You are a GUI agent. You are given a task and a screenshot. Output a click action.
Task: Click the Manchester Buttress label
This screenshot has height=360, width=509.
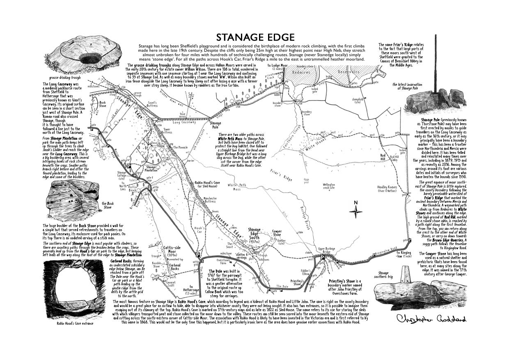coord(210,200)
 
